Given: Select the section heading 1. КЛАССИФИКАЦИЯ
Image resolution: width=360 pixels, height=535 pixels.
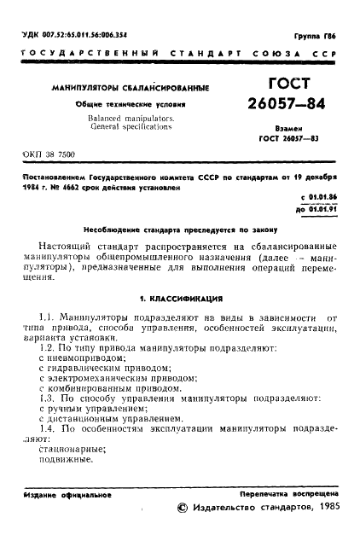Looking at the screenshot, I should [x=180, y=300].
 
